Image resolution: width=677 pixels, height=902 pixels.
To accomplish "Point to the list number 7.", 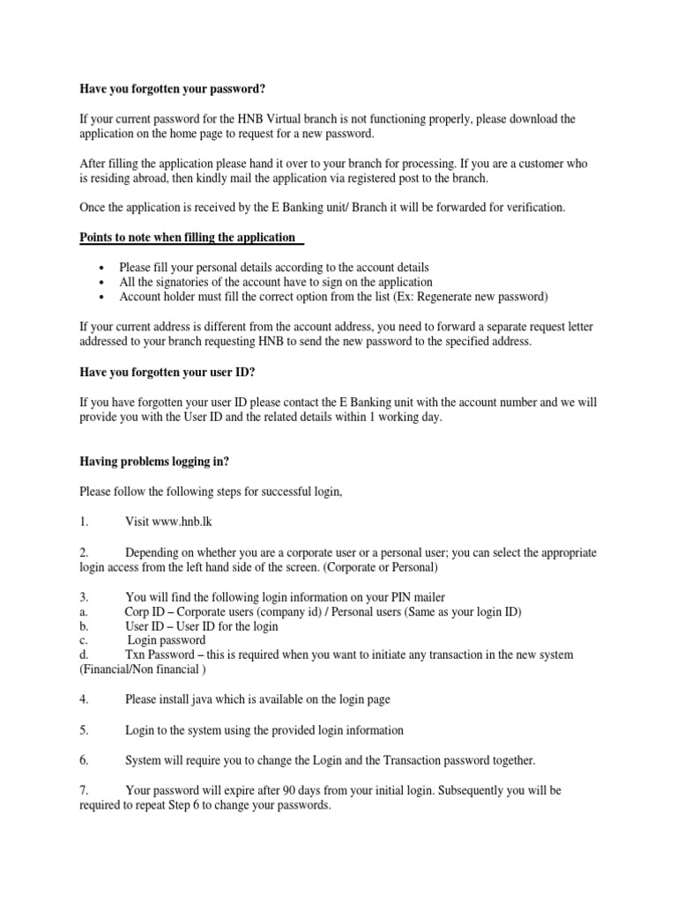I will (84, 790).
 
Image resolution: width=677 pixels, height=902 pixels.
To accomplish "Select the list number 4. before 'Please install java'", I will (84, 699).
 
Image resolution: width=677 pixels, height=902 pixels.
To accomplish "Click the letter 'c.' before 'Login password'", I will (83, 640).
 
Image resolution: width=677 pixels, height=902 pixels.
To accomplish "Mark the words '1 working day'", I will (400, 418).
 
